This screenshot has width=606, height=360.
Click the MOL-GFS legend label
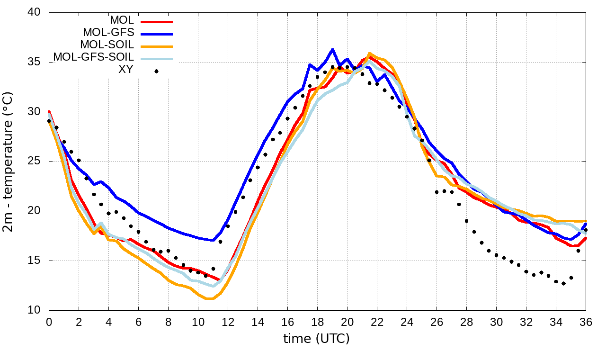pos(108,33)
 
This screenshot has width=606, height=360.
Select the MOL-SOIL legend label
pos(107,45)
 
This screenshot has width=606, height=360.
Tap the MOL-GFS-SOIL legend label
pos(93,57)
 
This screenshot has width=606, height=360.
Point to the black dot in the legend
pos(156,72)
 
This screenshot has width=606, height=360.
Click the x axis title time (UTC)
pos(316,339)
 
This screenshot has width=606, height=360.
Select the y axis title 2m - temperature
pos(9,162)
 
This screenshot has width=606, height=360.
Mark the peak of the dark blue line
pos(332,49)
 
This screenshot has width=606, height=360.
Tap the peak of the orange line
pos(369,54)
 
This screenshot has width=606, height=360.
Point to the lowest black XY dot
pos(563,283)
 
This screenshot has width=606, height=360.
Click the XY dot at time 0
pos(49,121)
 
